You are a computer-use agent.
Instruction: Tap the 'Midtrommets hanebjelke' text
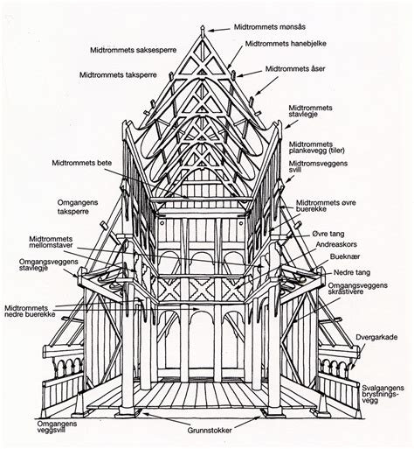click(x=290, y=42)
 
